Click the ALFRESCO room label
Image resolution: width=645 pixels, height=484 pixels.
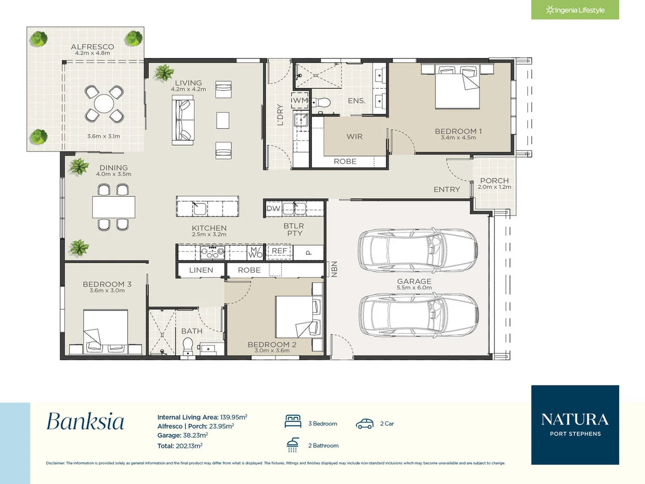click(x=92, y=47)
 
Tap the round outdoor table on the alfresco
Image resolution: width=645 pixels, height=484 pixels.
click(x=104, y=104)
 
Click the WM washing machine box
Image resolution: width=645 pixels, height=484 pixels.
click(x=300, y=100)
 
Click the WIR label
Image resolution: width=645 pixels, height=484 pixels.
click(x=354, y=136)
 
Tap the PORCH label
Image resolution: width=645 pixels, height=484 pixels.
click(x=494, y=181)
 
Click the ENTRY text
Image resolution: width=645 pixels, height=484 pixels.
click(x=447, y=190)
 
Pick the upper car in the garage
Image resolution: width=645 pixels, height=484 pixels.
click(x=417, y=251)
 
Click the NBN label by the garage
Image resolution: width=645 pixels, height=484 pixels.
click(x=334, y=269)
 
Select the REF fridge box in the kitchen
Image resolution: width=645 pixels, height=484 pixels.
click(x=279, y=251)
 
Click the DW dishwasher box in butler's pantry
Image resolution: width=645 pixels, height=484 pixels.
click(x=273, y=208)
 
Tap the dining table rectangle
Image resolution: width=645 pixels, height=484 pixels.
click(x=113, y=207)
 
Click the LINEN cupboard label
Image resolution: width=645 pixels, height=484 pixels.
click(x=201, y=270)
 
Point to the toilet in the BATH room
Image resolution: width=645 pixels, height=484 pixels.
click(x=188, y=346)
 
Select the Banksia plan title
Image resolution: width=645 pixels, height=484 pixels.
click(x=85, y=422)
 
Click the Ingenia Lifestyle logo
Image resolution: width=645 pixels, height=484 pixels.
click(x=575, y=10)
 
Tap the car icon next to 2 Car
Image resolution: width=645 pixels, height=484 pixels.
click(x=365, y=423)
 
